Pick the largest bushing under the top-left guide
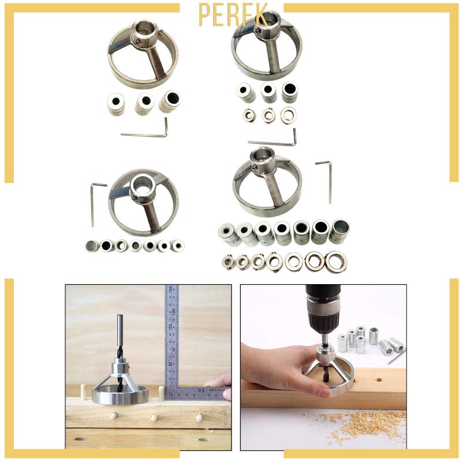click(x=170, y=101)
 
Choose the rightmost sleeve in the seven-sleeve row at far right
click(x=339, y=231)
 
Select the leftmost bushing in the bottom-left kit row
click(x=92, y=246)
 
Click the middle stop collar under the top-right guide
click(x=269, y=115)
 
